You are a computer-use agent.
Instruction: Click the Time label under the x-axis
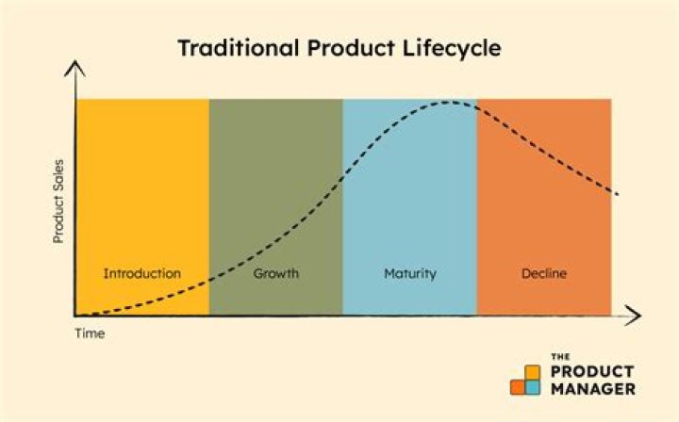click(x=90, y=333)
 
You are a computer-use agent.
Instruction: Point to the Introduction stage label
click(x=141, y=274)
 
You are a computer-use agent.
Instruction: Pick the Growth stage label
click(x=275, y=274)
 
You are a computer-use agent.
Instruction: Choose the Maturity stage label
click(x=409, y=274)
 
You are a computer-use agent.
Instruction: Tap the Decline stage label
click(x=544, y=274)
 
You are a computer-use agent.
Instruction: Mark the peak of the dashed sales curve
click(x=451, y=102)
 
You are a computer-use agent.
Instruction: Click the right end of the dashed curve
click(x=618, y=194)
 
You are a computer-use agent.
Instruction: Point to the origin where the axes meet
click(x=75, y=315)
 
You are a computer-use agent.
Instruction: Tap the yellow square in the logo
click(x=532, y=370)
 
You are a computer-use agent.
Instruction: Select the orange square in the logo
click(x=517, y=386)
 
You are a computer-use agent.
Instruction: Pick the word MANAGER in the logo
click(x=592, y=387)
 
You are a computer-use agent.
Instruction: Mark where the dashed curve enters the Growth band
click(x=209, y=276)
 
